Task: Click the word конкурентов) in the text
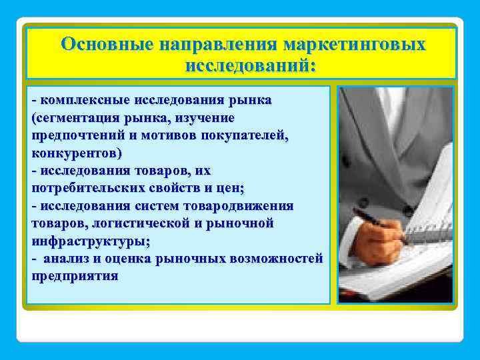click(x=77, y=153)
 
